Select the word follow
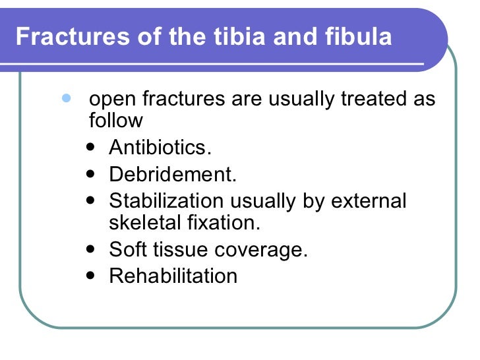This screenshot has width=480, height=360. click(115, 121)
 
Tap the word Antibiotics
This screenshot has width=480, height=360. click(160, 148)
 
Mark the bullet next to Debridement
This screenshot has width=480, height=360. click(90, 175)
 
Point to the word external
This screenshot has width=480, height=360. click(371, 201)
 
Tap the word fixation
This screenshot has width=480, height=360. click(224, 222)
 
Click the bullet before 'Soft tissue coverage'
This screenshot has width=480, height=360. click(90, 250)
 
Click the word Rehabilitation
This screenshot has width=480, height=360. click(173, 276)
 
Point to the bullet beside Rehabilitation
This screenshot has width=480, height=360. click(90, 275)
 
